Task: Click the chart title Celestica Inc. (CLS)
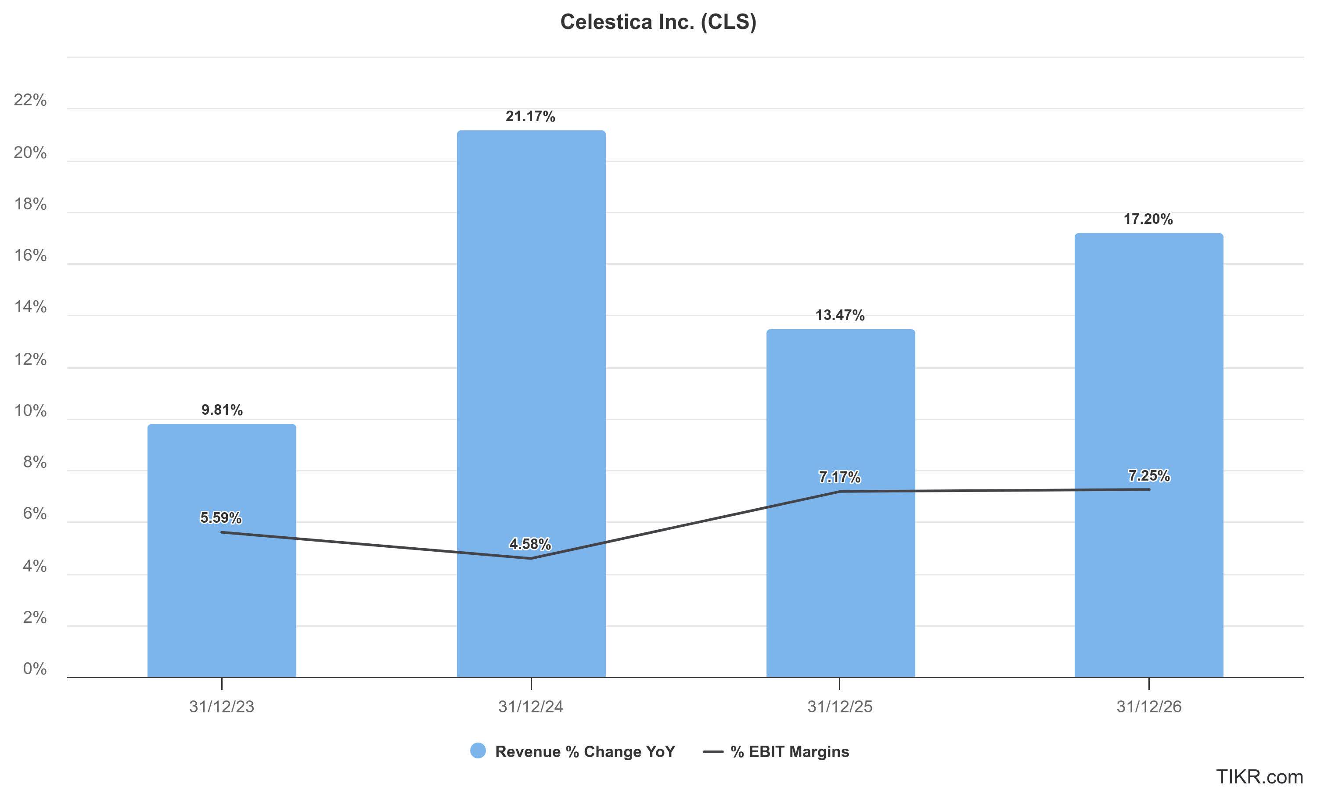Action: (x=658, y=22)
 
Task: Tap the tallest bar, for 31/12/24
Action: (x=531, y=373)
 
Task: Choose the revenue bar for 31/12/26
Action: (x=1149, y=585)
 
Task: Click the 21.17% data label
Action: (x=530, y=117)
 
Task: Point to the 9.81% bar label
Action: (x=221, y=410)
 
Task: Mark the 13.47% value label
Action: (x=840, y=315)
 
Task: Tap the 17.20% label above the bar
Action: (x=1148, y=219)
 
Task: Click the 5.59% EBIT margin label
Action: (x=221, y=517)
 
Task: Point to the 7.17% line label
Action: (x=839, y=477)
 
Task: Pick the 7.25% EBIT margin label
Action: (x=1149, y=475)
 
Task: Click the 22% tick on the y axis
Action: (x=30, y=100)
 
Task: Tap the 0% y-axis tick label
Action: (x=35, y=668)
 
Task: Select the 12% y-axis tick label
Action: (x=30, y=359)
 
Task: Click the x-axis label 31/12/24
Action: (x=531, y=707)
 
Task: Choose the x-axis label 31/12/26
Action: (x=1149, y=707)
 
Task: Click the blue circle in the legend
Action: (x=478, y=750)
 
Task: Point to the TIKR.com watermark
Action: (x=1259, y=776)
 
